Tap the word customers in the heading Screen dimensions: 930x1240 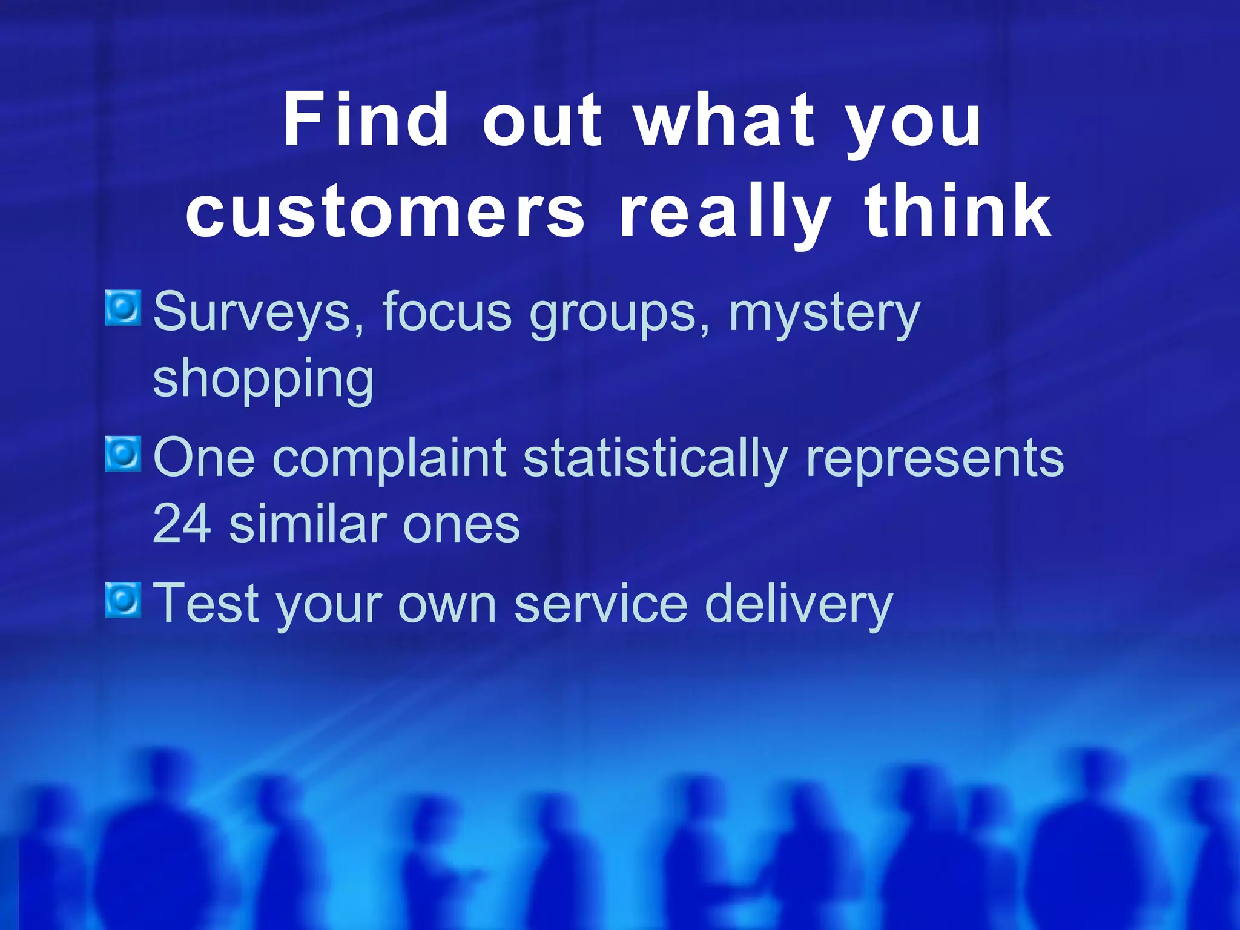pyautogui.click(x=385, y=212)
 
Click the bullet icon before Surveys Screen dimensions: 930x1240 pyautogui.click(x=123, y=308)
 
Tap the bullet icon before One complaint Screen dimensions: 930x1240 pyautogui.click(x=123, y=453)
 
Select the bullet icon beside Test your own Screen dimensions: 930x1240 pyautogui.click(x=123, y=600)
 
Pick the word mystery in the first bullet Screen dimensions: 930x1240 pyautogui.click(x=824, y=312)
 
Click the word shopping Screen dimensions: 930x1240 pyautogui.click(x=263, y=379)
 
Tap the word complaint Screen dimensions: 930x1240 pyautogui.click(x=392, y=458)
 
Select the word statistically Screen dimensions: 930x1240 pyautogui.click(x=655, y=458)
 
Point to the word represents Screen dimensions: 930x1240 pyautogui.click(x=935, y=459)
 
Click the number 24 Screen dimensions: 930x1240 pyautogui.click(x=182, y=524)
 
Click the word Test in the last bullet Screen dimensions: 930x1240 pyautogui.click(x=206, y=603)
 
